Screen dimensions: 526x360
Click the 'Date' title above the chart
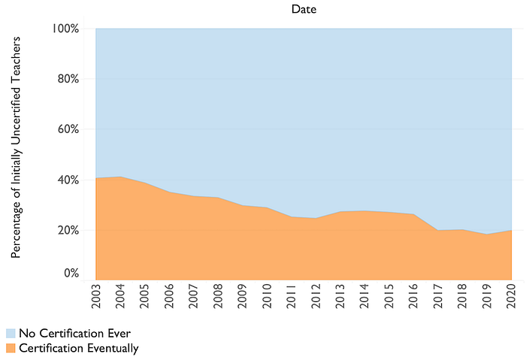click(x=304, y=9)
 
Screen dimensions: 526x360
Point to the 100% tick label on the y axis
click(x=65, y=29)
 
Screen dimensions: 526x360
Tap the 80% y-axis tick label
click(x=68, y=79)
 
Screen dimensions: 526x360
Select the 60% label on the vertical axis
click(x=68, y=129)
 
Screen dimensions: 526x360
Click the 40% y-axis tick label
click(x=68, y=180)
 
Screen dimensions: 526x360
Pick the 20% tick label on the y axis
click(x=68, y=230)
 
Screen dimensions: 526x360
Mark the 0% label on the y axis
click(x=71, y=273)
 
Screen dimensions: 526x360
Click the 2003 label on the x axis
click(x=96, y=296)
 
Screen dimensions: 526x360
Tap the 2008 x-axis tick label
click(x=218, y=296)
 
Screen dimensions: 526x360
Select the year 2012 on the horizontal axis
click(x=316, y=296)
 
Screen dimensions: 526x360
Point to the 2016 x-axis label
click(x=413, y=296)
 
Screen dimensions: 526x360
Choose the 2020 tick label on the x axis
click(x=511, y=296)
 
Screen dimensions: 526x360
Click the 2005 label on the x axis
click(x=144, y=296)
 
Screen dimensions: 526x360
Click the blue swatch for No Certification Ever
click(x=11, y=333)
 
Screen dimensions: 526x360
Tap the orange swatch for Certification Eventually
click(x=11, y=348)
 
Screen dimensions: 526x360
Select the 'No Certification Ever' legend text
click(x=75, y=333)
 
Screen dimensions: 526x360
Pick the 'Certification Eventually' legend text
click(x=79, y=348)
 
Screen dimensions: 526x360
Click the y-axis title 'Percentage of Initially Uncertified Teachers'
click(x=16, y=147)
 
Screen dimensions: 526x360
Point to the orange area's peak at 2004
click(x=120, y=177)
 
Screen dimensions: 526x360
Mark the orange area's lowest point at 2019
click(x=487, y=234)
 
